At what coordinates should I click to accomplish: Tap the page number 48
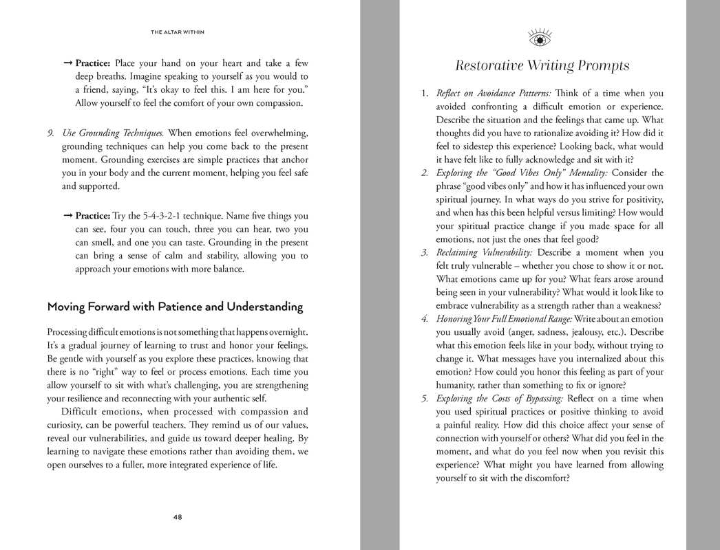click(178, 517)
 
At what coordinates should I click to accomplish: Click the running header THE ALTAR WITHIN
click(178, 32)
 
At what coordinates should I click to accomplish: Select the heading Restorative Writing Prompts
click(542, 66)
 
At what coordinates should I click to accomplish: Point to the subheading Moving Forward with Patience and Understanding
click(175, 307)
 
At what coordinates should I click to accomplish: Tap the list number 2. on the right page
click(425, 173)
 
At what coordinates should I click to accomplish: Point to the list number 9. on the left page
click(51, 133)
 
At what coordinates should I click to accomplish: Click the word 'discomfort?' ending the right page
click(544, 478)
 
